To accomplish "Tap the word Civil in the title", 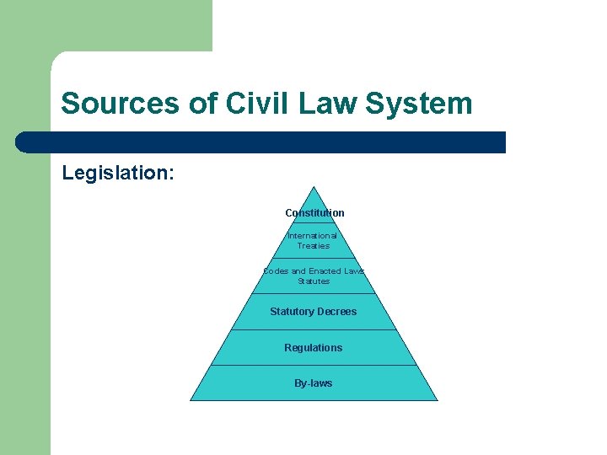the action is [x=249, y=104].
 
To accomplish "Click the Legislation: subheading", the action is [x=118, y=173].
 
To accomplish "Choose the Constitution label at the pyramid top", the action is [x=314, y=213].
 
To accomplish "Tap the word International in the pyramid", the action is [x=312, y=236].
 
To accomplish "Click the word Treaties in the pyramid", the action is [x=314, y=246].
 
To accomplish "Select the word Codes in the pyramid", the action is [x=276, y=271].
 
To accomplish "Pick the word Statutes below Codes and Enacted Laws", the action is [x=314, y=281].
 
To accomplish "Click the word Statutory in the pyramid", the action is [x=292, y=312].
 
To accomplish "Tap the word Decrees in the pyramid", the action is [x=336, y=312].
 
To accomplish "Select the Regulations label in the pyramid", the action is [x=314, y=348].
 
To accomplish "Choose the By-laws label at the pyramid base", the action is [x=314, y=383].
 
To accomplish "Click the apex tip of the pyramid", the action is [x=314, y=187].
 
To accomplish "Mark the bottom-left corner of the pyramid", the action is [x=191, y=399].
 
